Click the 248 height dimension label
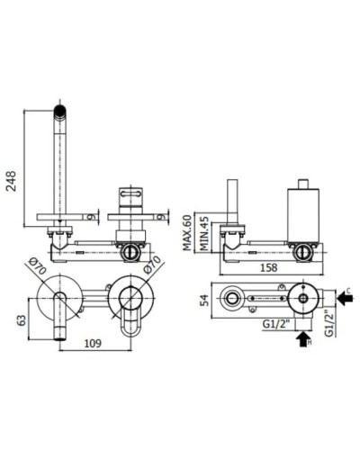click(12, 181)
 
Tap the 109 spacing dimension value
click(93, 343)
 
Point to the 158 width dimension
click(267, 267)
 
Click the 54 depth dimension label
click(204, 300)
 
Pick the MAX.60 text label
click(187, 233)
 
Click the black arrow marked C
click(345, 298)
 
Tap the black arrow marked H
click(304, 338)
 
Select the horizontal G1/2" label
click(275, 324)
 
